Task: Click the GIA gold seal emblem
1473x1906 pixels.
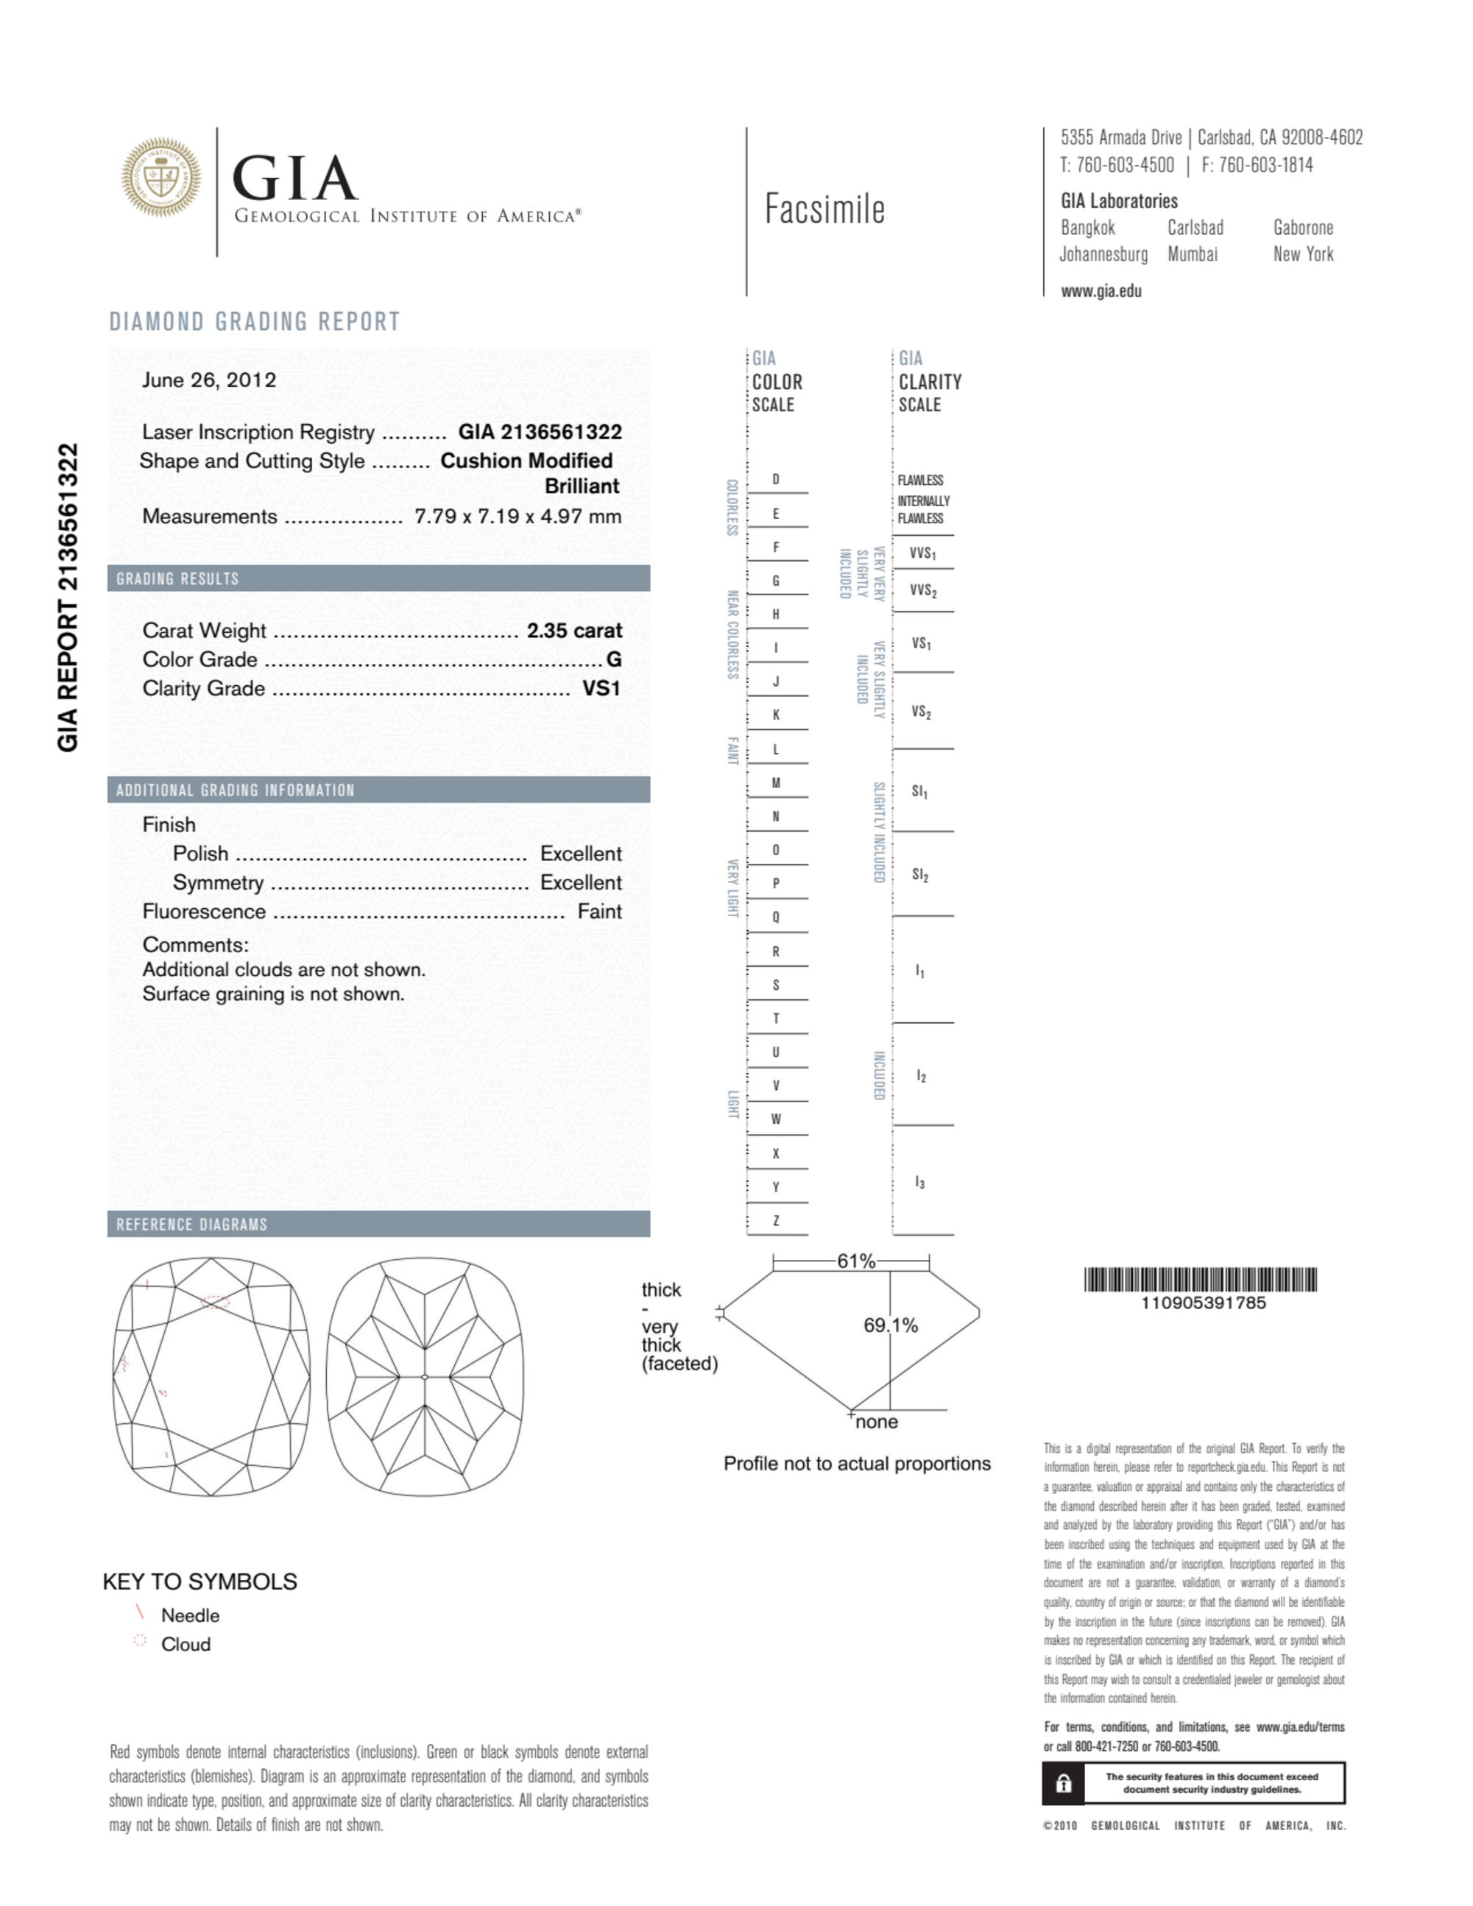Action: [160, 177]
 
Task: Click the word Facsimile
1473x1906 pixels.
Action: [824, 210]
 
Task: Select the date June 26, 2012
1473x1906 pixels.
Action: [208, 380]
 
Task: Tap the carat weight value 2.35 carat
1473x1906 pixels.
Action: [573, 631]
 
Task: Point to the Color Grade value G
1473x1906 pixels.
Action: [614, 660]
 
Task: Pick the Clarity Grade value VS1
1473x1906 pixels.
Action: [601, 689]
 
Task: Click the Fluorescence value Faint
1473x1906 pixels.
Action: [599, 912]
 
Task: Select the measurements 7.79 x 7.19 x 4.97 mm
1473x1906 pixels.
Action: [518, 517]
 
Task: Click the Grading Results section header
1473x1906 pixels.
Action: [178, 578]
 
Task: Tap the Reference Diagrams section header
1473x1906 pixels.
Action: [192, 1225]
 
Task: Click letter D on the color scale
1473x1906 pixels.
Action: [775, 480]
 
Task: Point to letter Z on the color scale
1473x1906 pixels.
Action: [775, 1221]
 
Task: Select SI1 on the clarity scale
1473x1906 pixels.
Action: [919, 792]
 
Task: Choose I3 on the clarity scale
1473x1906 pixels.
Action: [919, 1183]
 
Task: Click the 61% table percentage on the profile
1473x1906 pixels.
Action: [855, 1261]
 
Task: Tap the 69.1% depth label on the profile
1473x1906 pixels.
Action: [891, 1325]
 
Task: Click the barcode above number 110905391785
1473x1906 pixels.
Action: [1201, 1280]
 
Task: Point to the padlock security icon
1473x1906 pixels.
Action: [1063, 1783]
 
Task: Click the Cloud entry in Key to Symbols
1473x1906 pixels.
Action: [185, 1644]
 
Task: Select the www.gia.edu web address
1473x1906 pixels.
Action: [1101, 291]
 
